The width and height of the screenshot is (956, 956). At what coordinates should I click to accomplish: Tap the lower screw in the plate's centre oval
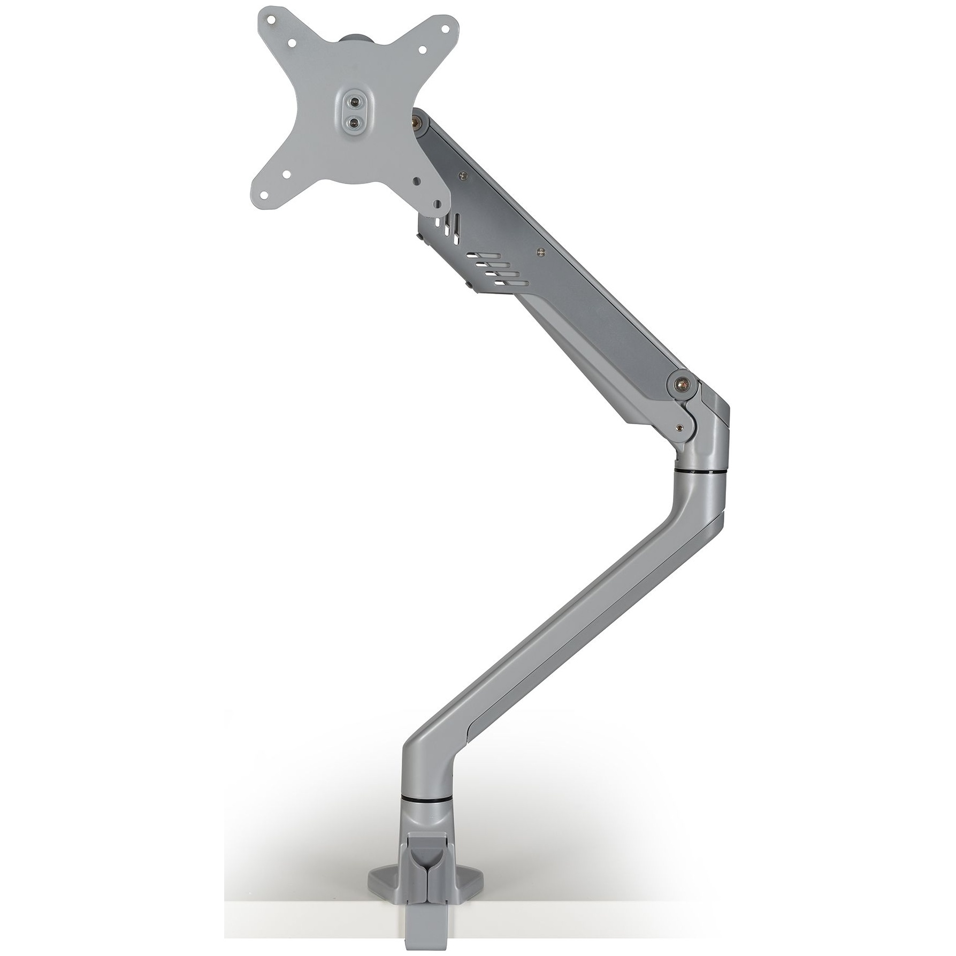353,123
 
